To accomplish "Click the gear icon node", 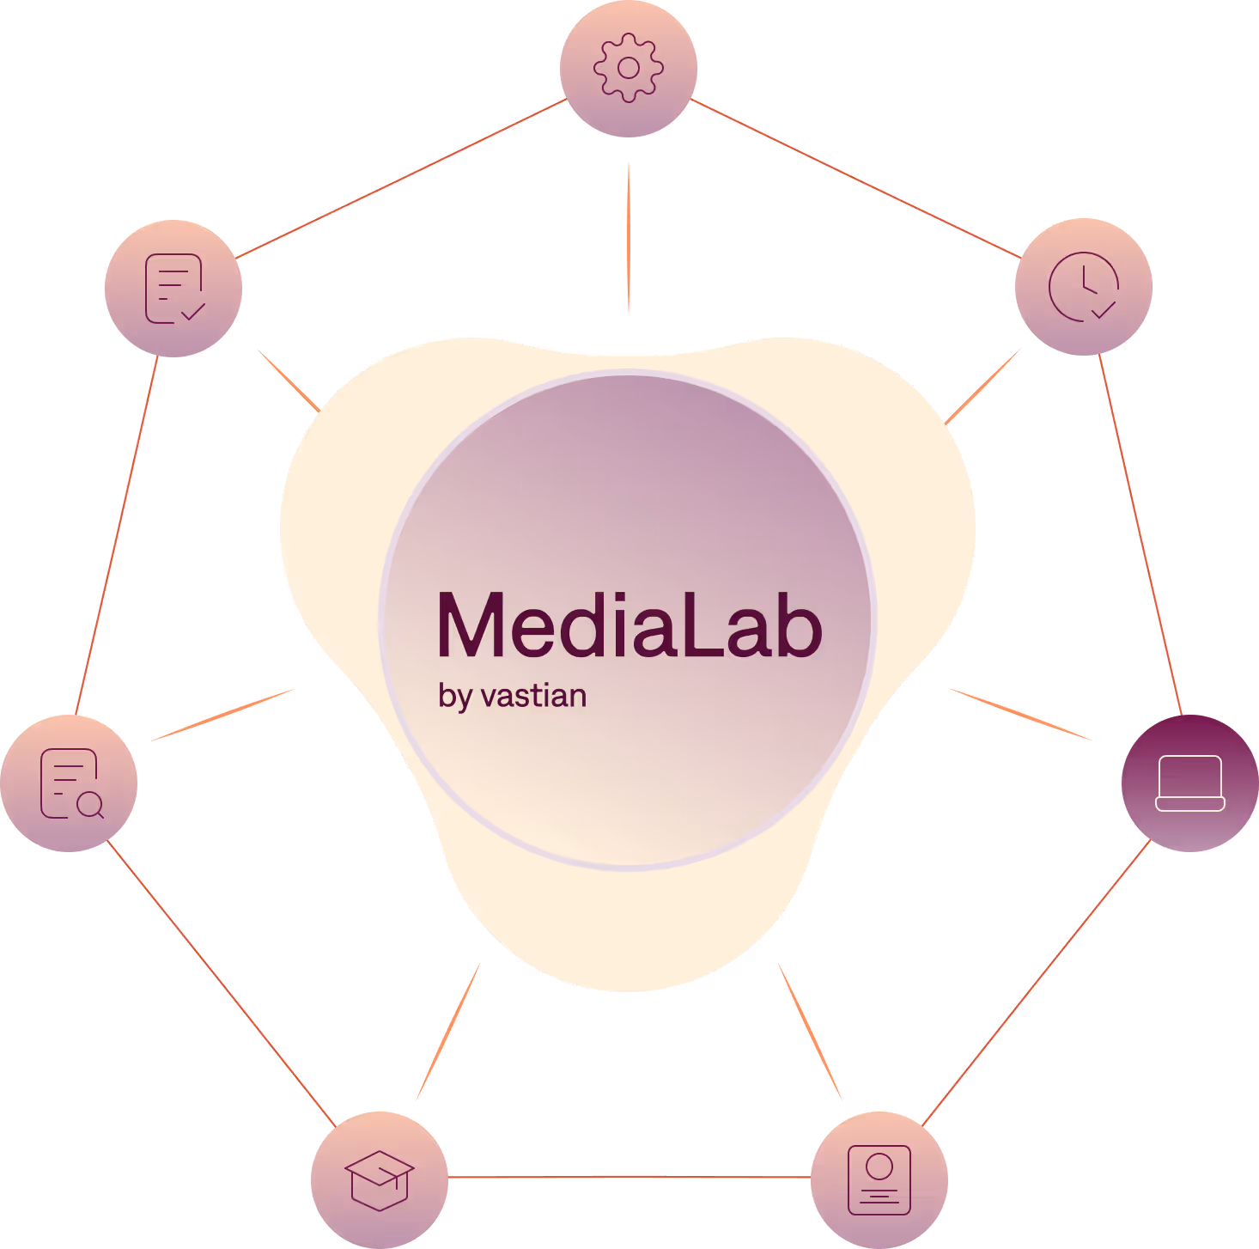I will pos(629,69).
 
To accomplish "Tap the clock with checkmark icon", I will pos(1084,287).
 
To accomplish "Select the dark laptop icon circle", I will pos(1190,783).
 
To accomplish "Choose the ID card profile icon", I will pos(879,1179).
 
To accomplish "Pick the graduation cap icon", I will pos(380,1179).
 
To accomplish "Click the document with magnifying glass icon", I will pos(70,783).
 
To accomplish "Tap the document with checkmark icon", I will pos(173,289).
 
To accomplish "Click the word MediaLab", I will pos(629,625).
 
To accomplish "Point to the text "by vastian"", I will pos(512,696).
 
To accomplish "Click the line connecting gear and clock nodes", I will pos(855,178).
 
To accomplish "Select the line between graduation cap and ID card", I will pos(629,1177).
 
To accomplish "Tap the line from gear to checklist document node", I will pos(401,178).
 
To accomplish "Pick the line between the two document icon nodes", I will pos(117,534).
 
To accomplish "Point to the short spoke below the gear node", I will pos(629,237).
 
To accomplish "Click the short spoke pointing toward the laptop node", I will pos(1020,715).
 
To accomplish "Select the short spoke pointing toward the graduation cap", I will pos(447,1032).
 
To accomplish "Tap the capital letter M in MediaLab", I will pos(471,625).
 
